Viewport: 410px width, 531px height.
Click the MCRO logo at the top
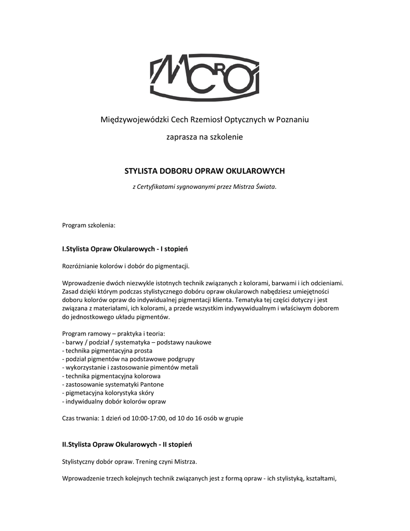coord(205,78)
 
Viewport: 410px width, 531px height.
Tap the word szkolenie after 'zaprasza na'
coord(225,137)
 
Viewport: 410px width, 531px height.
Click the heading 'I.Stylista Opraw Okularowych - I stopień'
coord(125,249)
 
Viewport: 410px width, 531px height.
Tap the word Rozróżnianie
coord(81,266)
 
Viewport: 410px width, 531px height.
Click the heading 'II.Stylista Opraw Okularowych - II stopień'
coord(127,444)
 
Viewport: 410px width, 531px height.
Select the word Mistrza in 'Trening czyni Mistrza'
coord(185,461)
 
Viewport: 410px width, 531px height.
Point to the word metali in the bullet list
coord(188,367)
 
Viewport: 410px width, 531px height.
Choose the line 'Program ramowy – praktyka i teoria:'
coord(114,333)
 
